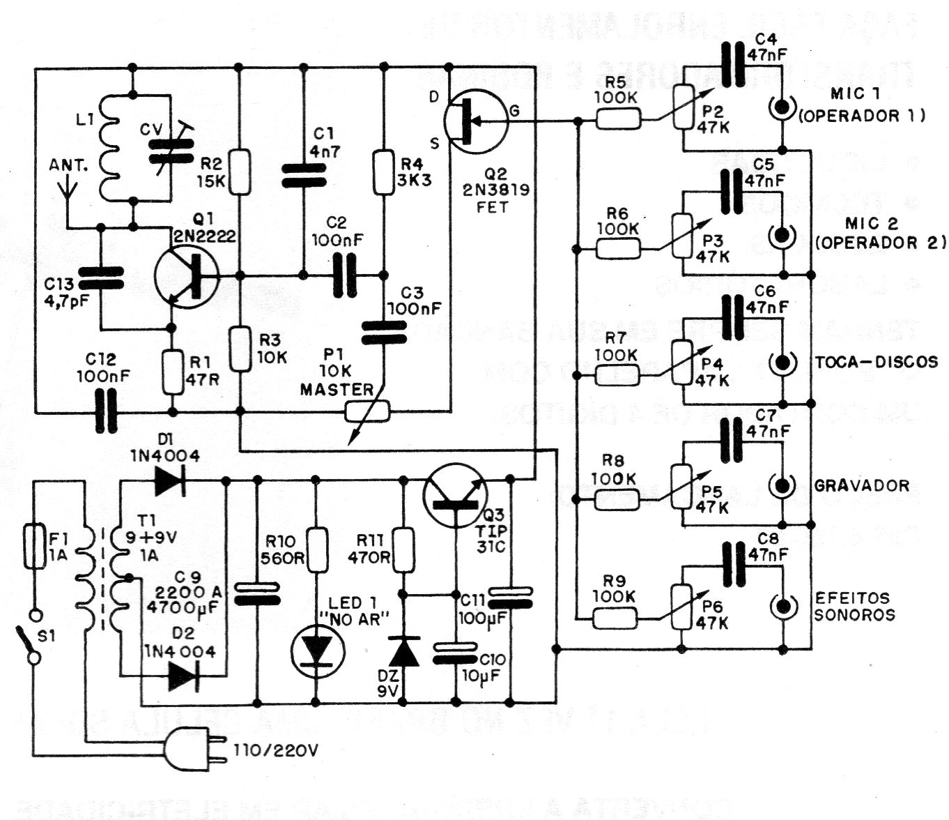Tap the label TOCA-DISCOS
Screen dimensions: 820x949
pyautogui.click(x=876, y=362)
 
